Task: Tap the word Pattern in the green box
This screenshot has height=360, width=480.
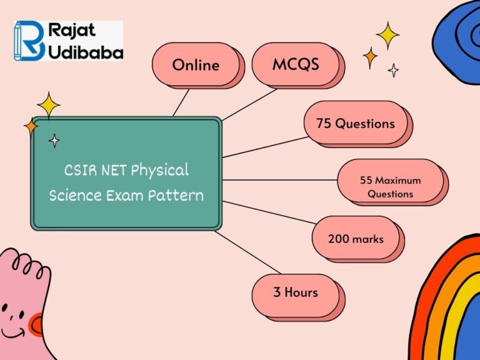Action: (176, 195)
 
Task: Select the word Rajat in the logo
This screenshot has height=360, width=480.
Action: (72, 30)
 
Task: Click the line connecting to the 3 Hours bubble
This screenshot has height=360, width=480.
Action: (247, 252)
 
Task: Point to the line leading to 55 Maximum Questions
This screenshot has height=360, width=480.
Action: (280, 180)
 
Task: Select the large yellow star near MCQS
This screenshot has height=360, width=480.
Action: (387, 35)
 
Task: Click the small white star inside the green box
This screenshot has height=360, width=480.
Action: (54, 141)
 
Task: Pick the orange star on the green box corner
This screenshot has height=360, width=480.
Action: (31, 126)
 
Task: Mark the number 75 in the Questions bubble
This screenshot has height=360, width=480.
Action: (324, 123)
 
